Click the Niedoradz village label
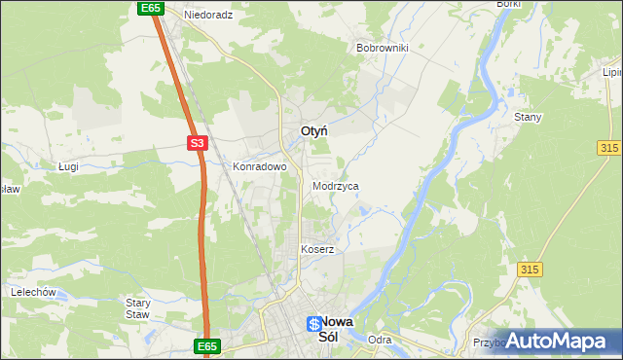[208, 16]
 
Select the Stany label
[528, 117]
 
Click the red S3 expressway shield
[198, 143]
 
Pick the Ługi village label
[67, 166]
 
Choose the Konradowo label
[259, 166]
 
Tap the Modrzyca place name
[336, 185]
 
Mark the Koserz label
[317, 249]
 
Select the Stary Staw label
[138, 308]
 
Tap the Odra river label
[380, 340]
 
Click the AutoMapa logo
[556, 341]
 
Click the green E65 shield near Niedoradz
[150, 8]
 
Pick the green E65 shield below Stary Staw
[207, 346]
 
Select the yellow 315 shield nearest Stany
[609, 146]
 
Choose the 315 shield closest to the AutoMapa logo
[530, 269]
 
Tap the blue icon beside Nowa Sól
[313, 324]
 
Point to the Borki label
[508, 4]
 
